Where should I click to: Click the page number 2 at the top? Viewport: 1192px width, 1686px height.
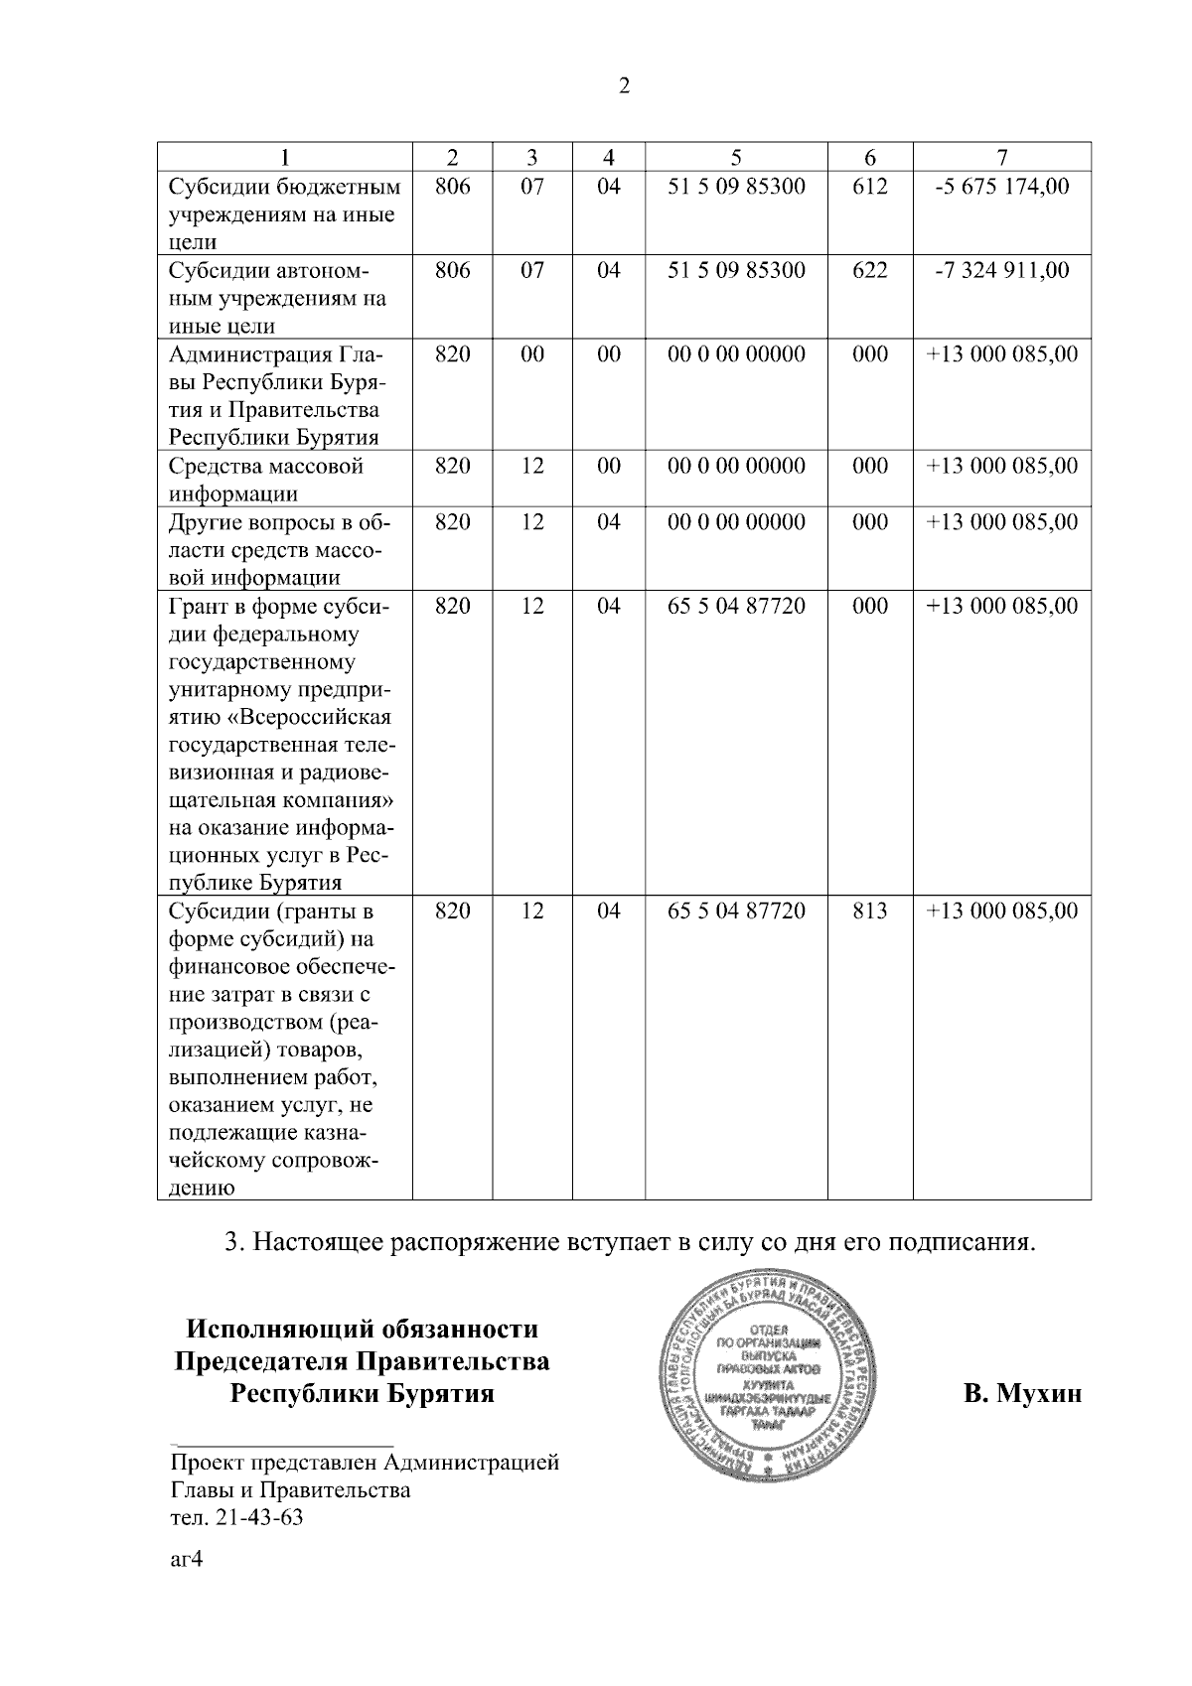(x=624, y=86)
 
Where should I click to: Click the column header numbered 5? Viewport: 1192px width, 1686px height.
(x=735, y=157)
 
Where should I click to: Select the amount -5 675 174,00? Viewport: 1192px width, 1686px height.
(x=1002, y=186)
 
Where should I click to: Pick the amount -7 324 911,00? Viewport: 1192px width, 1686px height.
(x=1002, y=270)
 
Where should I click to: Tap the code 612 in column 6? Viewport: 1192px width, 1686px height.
(x=869, y=186)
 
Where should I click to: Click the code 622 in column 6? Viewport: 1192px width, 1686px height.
(x=869, y=270)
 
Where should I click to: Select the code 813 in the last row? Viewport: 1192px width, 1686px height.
(x=869, y=911)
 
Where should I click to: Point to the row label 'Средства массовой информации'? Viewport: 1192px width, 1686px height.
(x=266, y=480)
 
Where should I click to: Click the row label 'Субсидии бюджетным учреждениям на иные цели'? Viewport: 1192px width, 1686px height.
(x=284, y=213)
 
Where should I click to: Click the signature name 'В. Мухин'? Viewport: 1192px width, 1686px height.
(x=1022, y=1393)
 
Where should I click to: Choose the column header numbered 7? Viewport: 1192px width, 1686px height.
(x=1002, y=157)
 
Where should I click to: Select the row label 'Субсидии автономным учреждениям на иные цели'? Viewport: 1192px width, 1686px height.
(x=278, y=298)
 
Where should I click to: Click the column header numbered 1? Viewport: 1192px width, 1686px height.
(x=285, y=157)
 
